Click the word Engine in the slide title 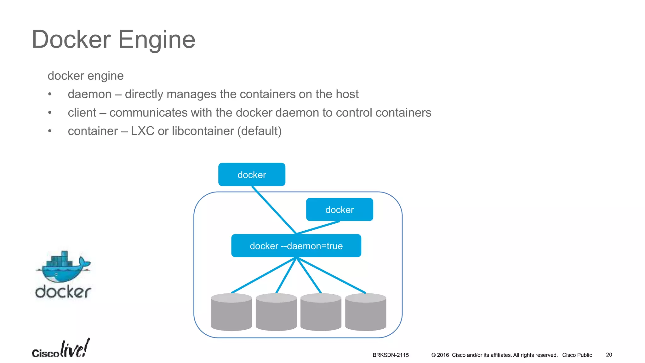pyautogui.click(x=157, y=40)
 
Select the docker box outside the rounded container pyautogui.click(x=252, y=175)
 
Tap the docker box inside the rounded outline pyautogui.click(x=340, y=210)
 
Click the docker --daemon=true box pyautogui.click(x=296, y=246)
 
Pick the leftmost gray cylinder pyautogui.click(x=231, y=313)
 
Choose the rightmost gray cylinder pyautogui.click(x=366, y=313)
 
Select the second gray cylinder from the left pyautogui.click(x=276, y=313)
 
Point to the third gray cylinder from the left pyautogui.click(x=321, y=313)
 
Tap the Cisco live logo pyautogui.click(x=60, y=349)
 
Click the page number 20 pyautogui.click(x=609, y=355)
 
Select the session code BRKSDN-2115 pyautogui.click(x=391, y=355)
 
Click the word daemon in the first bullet pyautogui.click(x=90, y=94)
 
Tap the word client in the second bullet pyautogui.click(x=82, y=113)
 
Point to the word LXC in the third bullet pyautogui.click(x=142, y=131)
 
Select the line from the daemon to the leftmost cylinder pyautogui.click(x=264, y=275)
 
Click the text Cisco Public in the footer pyautogui.click(x=577, y=355)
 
